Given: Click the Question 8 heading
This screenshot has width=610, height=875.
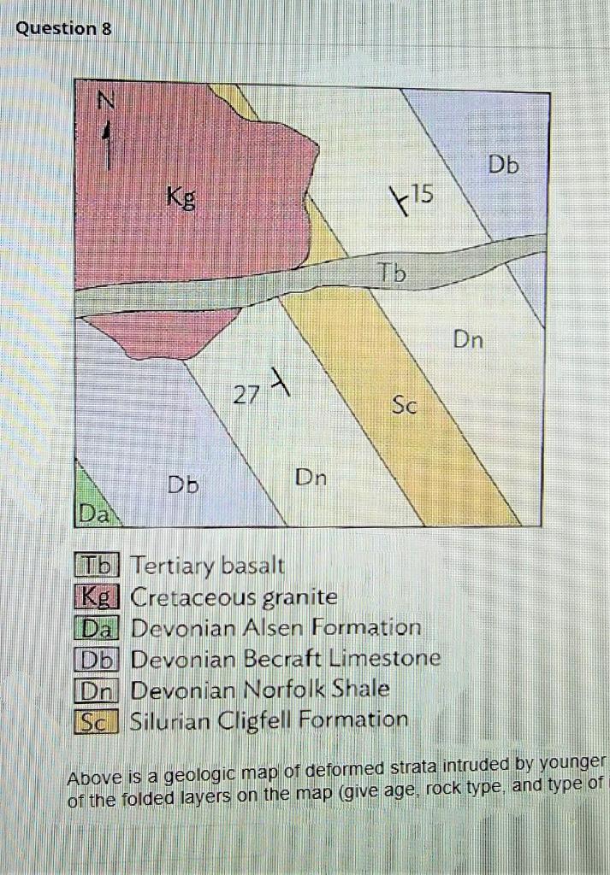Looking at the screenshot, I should point(63,28).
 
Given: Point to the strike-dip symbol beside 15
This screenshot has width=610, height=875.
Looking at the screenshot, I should point(398,202).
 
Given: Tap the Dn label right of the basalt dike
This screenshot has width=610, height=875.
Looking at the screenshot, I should point(468,341).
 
